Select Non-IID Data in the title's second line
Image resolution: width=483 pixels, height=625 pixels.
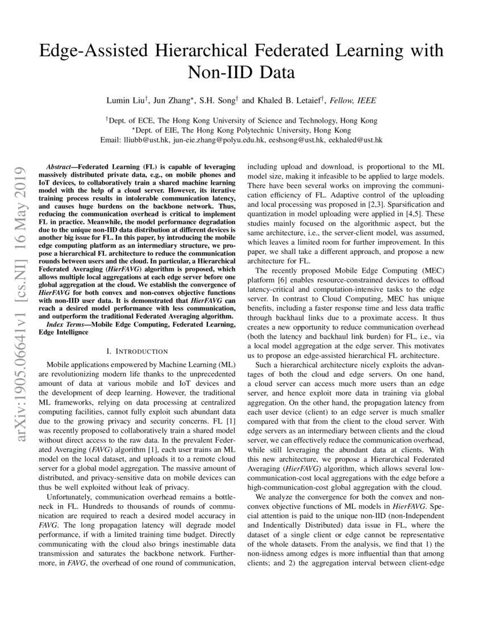[x=241, y=73]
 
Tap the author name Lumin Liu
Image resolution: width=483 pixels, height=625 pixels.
[x=127, y=101]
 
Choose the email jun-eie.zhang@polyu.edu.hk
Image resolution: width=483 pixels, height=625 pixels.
[x=219, y=140]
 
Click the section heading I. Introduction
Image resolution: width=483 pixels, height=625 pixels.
[x=138, y=351]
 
